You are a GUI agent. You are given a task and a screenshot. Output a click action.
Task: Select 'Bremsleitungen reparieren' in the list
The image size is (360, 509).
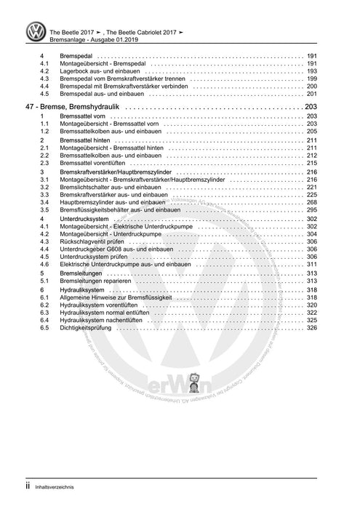point(96,281)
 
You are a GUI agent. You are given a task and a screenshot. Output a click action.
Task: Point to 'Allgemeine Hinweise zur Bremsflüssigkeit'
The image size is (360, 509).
point(118,297)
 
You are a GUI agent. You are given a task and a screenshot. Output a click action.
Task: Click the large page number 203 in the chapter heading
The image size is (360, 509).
point(311,108)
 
